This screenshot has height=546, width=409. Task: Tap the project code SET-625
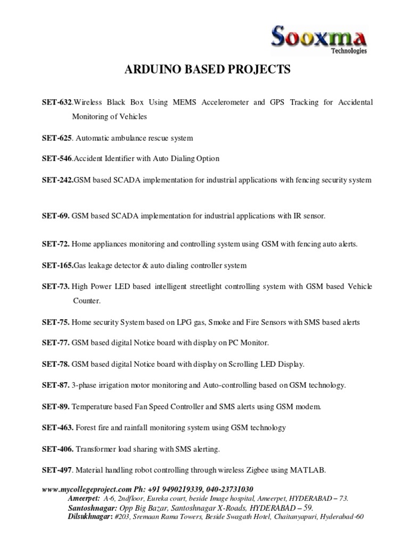click(57, 138)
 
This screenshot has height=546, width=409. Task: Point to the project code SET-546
click(57, 159)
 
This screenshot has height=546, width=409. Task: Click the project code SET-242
click(58, 180)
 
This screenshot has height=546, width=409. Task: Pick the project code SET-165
click(58, 265)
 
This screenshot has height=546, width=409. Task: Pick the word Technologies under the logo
click(349, 52)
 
